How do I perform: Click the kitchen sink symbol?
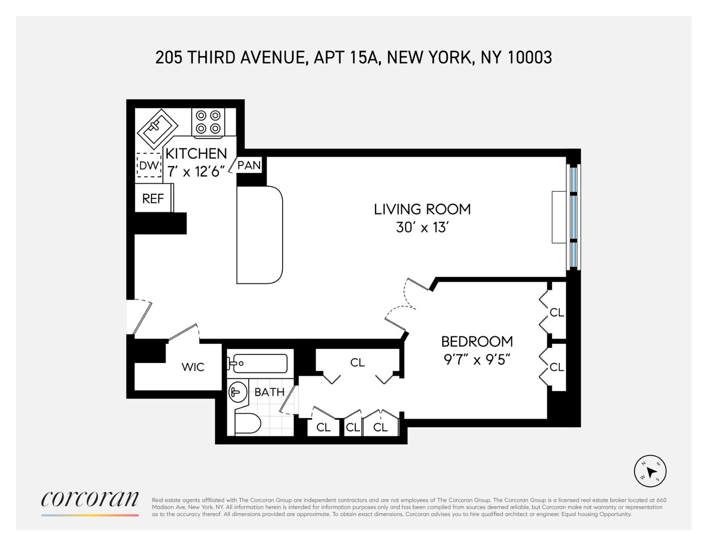[156, 128]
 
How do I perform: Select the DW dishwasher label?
[149, 165]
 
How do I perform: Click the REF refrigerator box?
[153, 199]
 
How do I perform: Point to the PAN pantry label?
[249, 165]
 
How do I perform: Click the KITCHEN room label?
[196, 153]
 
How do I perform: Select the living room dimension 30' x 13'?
[422, 227]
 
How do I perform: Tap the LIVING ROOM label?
[422, 209]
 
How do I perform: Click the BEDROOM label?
[477, 341]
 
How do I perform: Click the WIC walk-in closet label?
[192, 367]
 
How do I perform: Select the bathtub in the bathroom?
[258, 363]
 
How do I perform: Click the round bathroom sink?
[237, 391]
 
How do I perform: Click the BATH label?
[270, 392]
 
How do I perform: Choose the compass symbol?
[650, 470]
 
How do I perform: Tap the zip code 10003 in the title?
[530, 57]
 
